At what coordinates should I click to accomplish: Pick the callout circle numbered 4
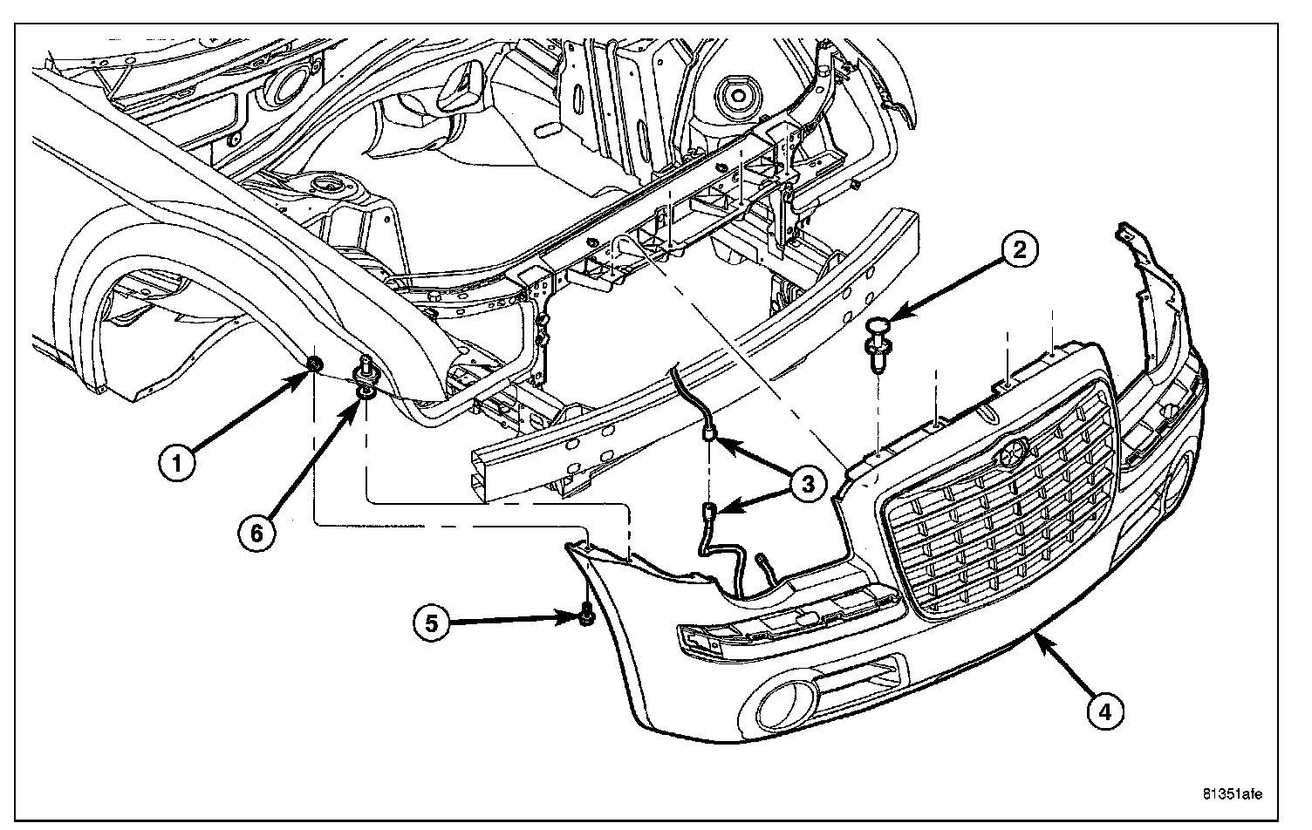[x=1104, y=711]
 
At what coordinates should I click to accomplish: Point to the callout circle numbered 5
[x=431, y=622]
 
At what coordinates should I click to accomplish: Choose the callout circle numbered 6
[x=256, y=531]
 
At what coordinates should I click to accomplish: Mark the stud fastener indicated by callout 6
[x=365, y=380]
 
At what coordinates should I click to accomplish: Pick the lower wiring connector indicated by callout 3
[x=708, y=513]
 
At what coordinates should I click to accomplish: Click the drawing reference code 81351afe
[x=1232, y=794]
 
